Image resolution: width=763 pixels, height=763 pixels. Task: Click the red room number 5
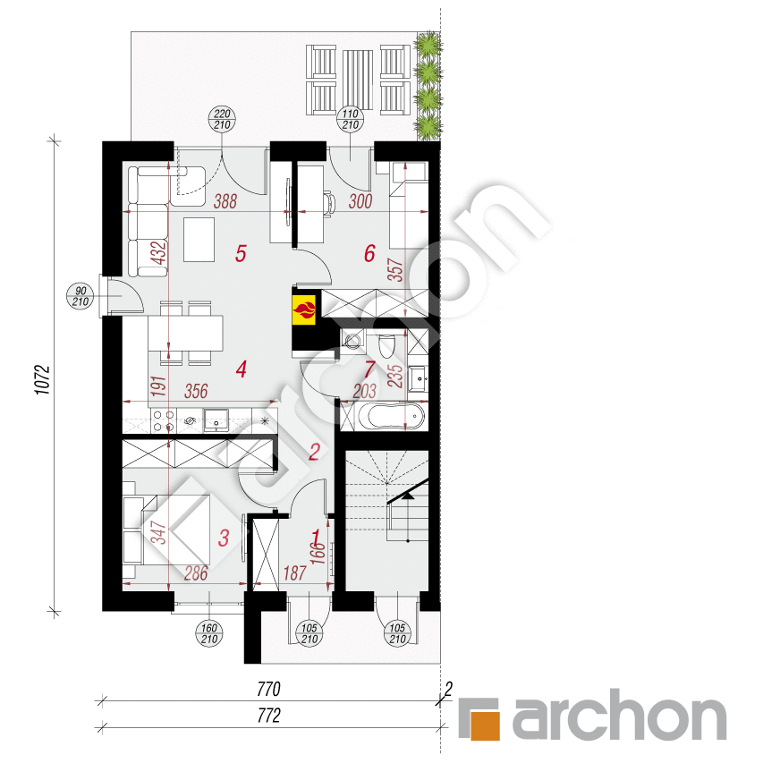tap(241, 253)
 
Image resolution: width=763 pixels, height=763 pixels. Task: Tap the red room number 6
tap(369, 253)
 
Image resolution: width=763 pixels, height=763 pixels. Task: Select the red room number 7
tap(370, 369)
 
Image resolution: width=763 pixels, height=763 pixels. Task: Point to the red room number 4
tap(241, 369)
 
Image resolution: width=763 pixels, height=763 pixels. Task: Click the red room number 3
tap(224, 538)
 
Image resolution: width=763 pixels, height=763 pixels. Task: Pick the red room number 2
tap(314, 452)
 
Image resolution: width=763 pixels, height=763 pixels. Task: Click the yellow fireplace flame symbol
tap(304, 309)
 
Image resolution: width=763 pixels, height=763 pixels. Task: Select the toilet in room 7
tap(387, 345)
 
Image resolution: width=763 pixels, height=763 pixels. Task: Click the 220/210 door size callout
tap(223, 119)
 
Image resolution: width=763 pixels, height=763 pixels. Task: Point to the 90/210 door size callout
tap(81, 296)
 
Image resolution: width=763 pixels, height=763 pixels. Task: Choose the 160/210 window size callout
tap(209, 633)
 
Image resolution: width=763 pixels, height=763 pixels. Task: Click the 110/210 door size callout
tap(351, 119)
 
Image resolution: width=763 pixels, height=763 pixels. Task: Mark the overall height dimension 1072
tap(43, 380)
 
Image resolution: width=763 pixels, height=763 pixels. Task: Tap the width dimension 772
tap(268, 716)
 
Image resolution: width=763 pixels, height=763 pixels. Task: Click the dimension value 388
tap(225, 201)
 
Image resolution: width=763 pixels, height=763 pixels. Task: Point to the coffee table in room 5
tap(199, 240)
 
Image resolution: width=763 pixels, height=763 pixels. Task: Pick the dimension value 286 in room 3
tap(196, 573)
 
